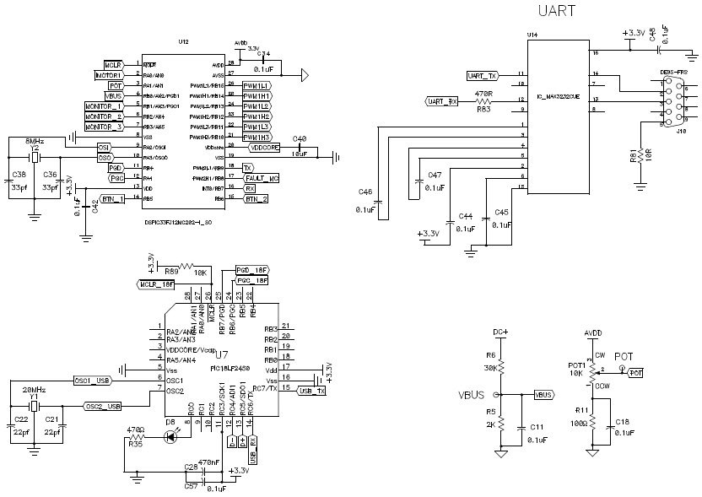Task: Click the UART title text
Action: click(x=558, y=11)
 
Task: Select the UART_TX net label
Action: click(x=483, y=76)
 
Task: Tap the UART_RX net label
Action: click(x=442, y=101)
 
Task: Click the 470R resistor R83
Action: click(x=484, y=101)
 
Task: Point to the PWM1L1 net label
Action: click(x=257, y=86)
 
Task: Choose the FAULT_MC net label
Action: click(x=262, y=179)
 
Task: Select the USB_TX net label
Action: click(x=312, y=392)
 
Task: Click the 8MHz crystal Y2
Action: click(x=35, y=158)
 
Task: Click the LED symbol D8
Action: click(x=172, y=436)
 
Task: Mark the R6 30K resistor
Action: click(x=500, y=366)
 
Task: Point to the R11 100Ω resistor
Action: click(x=591, y=419)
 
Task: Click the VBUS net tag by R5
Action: click(x=544, y=394)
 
